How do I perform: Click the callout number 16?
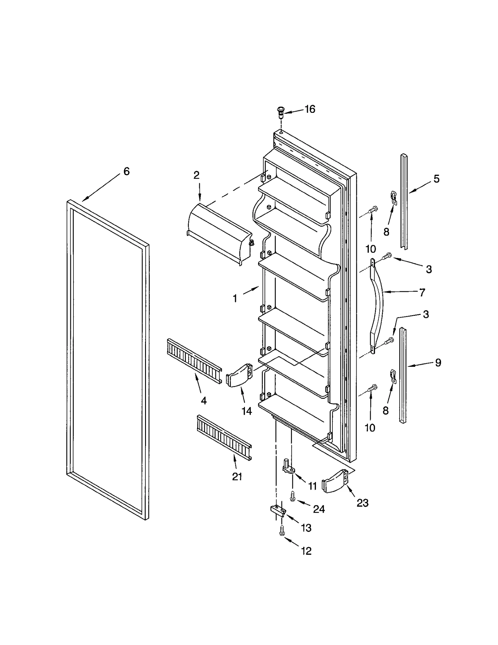[x=310, y=109]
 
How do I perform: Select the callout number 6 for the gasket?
[x=126, y=171]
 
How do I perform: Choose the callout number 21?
[x=237, y=477]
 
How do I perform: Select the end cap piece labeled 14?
[x=239, y=375]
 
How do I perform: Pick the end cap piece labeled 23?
[x=335, y=481]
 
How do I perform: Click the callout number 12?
[x=306, y=551]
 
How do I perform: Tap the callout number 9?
[x=438, y=362]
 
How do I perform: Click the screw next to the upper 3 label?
[x=388, y=256]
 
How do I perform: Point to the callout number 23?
[x=363, y=503]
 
